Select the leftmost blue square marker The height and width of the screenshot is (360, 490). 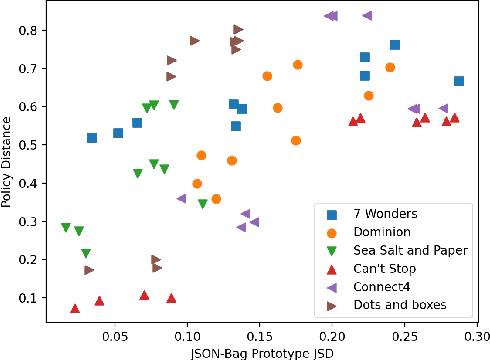92,138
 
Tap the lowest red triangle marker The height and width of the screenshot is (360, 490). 75,309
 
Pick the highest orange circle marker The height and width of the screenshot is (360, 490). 297,65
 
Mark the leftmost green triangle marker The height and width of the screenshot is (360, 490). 66,228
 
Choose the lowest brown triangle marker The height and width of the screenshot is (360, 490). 89,270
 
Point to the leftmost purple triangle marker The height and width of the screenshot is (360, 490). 181,198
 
